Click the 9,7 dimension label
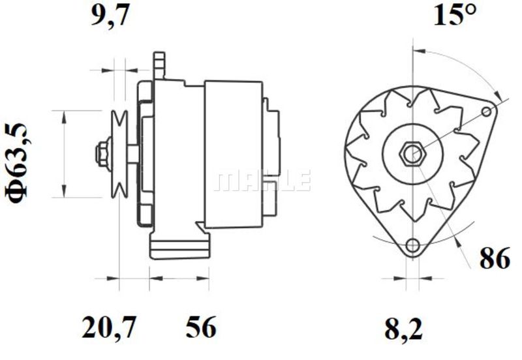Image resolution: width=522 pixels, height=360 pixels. tap(110, 16)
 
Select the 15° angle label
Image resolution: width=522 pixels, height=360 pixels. tap(455, 15)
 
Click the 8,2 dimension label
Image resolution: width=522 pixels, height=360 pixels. tap(403, 329)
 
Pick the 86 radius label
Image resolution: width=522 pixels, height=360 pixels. tap(495, 258)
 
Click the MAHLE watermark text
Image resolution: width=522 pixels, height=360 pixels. tap(263, 181)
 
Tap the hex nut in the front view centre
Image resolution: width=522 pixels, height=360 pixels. tap(412, 154)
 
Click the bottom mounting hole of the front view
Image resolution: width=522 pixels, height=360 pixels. tap(413, 246)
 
